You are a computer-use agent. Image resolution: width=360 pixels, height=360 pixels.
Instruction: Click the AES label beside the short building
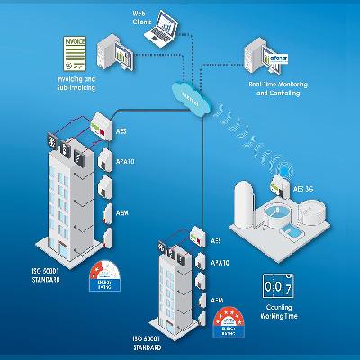(x=215, y=241)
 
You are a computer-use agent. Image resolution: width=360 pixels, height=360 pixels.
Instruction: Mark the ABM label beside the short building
(x=216, y=299)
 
